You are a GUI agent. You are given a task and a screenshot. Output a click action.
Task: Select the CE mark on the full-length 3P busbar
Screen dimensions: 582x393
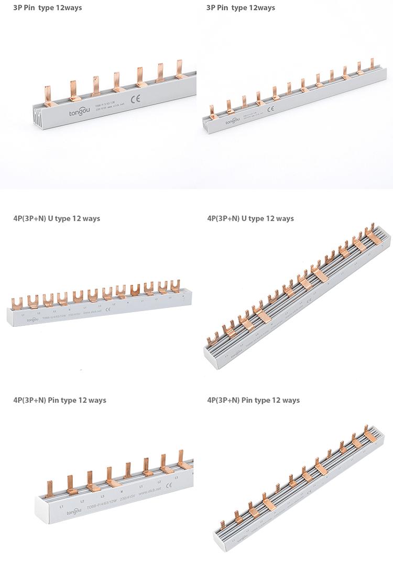pos(271,110)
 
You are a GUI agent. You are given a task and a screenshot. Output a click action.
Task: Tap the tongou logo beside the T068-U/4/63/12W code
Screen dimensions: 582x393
pos(32,319)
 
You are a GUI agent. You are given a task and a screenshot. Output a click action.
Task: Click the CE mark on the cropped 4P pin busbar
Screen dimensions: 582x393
pos(169,486)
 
